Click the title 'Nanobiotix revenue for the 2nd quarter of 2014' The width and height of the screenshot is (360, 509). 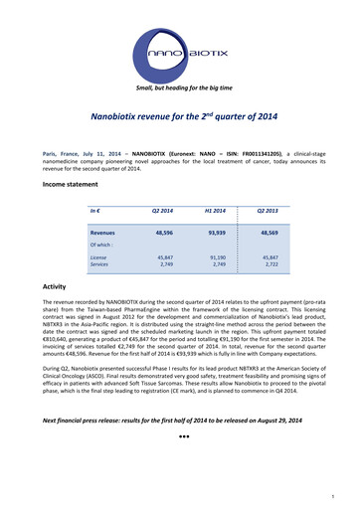(x=179, y=116)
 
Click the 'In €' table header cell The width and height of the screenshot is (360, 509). (x=95, y=211)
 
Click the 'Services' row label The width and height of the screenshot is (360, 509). (x=99, y=265)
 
